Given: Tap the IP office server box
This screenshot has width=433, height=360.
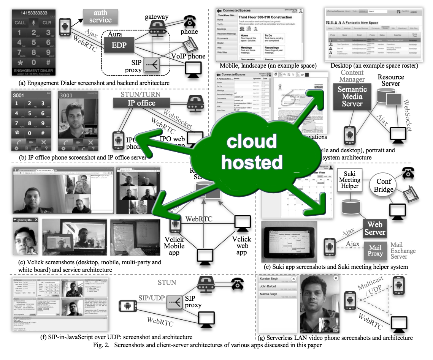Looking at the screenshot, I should coord(141,103).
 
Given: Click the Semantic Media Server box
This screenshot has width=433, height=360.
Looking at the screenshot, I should coord(352,96).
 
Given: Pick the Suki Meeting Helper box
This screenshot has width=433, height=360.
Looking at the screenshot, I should coord(350,180).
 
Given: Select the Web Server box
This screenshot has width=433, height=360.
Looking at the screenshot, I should coord(374,227).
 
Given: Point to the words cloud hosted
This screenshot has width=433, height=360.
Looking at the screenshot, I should coord(252,152).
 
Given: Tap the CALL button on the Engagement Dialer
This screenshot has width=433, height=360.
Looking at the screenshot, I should coord(20,22).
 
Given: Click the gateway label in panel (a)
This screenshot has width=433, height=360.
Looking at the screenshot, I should coord(157,17).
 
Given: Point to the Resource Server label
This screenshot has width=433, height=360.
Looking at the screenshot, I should coord(391,80).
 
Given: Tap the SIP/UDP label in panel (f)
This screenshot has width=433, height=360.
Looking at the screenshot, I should coord(151,297).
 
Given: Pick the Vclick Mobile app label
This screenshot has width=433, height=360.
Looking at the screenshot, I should coord(174,246).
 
